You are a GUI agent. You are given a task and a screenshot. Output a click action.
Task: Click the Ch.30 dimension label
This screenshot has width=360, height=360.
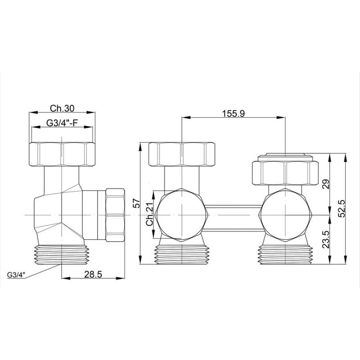point(62,108)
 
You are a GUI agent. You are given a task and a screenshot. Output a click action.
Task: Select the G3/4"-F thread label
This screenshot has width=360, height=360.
point(63,123)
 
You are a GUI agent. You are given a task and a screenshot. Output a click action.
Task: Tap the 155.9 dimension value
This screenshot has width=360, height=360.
point(234,113)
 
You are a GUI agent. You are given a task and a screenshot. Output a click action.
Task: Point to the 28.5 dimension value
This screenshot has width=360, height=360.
point(93,274)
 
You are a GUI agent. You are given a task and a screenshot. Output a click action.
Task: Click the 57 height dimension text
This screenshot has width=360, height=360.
point(136,203)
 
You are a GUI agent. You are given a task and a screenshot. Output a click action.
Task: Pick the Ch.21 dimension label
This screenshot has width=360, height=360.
point(150,215)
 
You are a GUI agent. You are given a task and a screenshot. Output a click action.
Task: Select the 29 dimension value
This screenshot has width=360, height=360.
point(326,184)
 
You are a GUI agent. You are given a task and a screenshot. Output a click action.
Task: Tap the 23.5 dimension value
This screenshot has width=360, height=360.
point(326,239)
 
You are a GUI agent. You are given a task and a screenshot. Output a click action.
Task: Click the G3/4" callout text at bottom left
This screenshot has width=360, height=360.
point(16,275)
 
